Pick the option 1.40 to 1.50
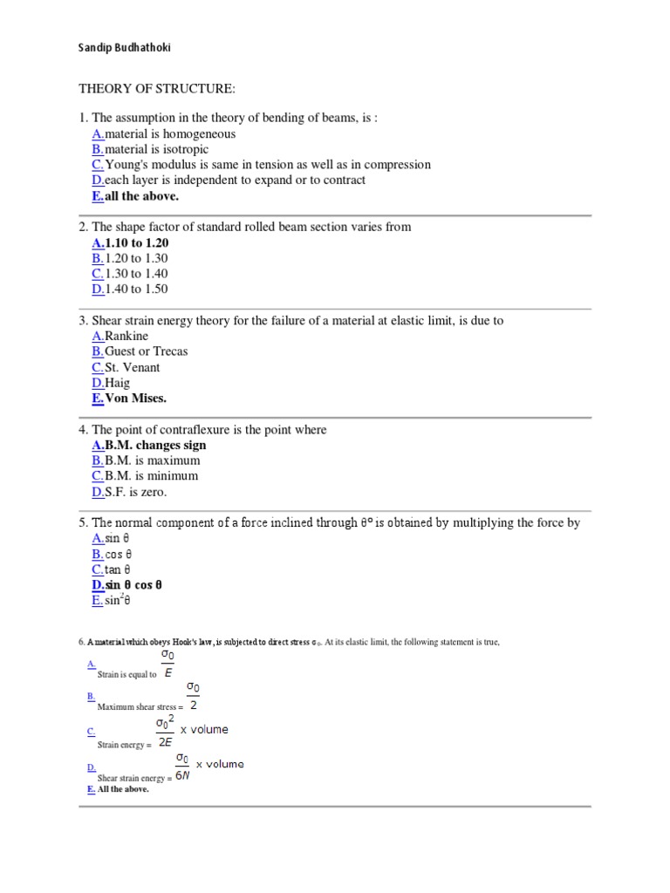(x=136, y=289)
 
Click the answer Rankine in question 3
(x=126, y=336)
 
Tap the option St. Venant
(x=133, y=367)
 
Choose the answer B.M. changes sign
(x=155, y=445)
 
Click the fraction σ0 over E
(x=168, y=664)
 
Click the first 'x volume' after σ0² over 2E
(x=204, y=730)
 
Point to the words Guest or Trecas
(x=146, y=351)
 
